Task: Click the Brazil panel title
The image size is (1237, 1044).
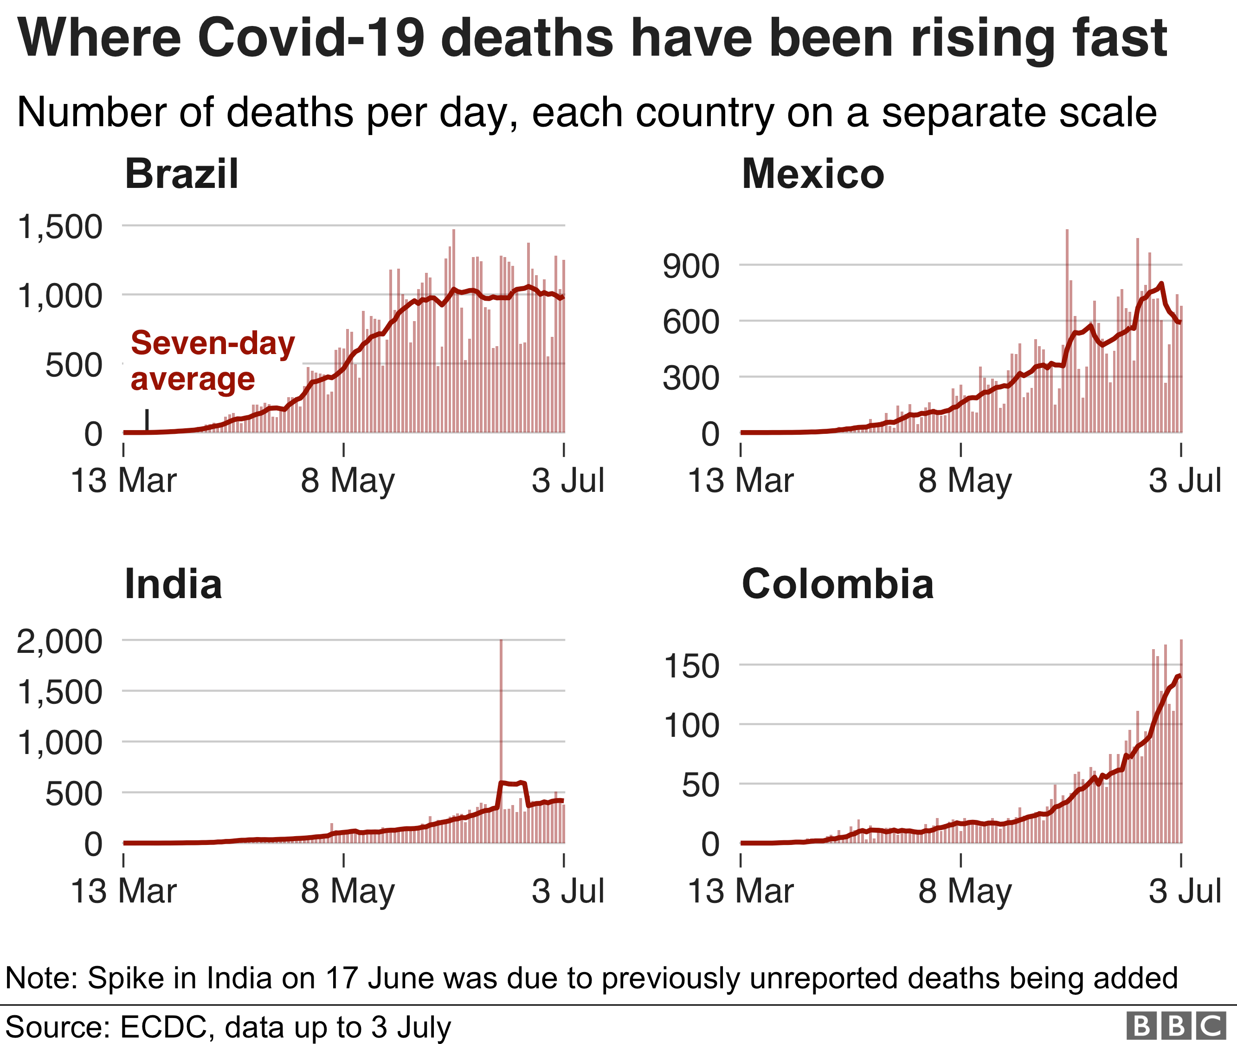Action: (x=182, y=174)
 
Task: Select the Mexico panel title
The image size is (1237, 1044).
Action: (x=812, y=174)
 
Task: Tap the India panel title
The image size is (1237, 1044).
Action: (x=174, y=584)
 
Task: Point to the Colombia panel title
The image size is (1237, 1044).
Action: (x=838, y=584)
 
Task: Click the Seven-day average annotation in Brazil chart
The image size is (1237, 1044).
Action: (x=213, y=361)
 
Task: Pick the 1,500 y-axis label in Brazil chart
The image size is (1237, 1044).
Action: (x=60, y=227)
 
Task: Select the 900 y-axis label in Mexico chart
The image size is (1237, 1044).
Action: (x=691, y=266)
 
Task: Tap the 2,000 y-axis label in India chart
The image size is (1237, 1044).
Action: (x=60, y=642)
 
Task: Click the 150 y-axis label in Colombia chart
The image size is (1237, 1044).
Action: (x=692, y=666)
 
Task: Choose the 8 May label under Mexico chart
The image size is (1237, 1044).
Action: (x=965, y=481)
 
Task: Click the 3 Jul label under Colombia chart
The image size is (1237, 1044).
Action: (x=1185, y=891)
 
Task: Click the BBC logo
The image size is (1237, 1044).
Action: (x=1175, y=1025)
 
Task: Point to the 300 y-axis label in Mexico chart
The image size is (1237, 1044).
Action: (x=691, y=378)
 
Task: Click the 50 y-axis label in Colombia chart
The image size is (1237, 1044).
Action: (x=700, y=786)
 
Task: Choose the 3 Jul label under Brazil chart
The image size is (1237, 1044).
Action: (x=567, y=481)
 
